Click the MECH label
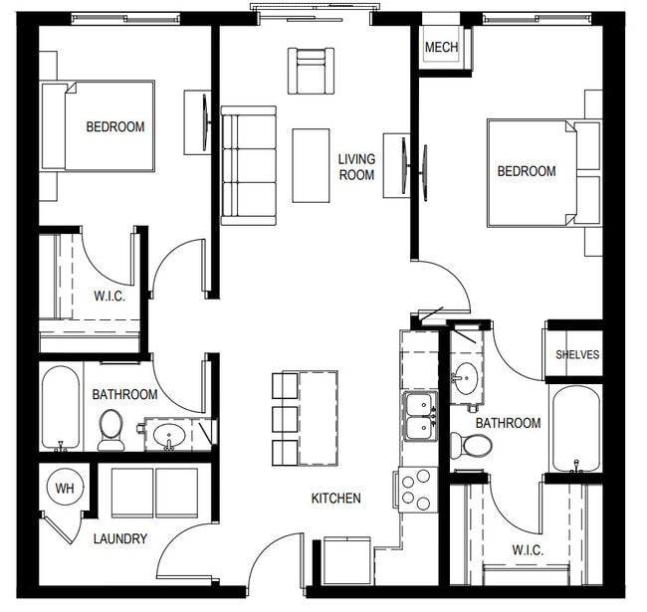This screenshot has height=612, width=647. pos(441,48)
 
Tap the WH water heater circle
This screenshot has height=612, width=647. pos(65,489)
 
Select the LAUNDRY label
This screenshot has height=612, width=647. pos(120,539)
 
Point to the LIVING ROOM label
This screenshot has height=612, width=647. pos(355,167)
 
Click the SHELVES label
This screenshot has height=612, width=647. pos(576,355)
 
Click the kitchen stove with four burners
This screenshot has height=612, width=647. pos(418,490)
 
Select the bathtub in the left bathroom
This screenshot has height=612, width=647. pos(62,408)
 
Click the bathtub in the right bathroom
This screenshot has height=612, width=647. pos(575,428)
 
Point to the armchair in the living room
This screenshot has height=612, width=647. pos(312,71)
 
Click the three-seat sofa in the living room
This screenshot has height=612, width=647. pos(248,166)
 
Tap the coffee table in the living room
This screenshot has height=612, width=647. pos(311,165)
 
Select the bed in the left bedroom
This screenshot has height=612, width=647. pos(98,126)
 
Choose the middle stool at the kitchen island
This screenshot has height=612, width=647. pos(285,417)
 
